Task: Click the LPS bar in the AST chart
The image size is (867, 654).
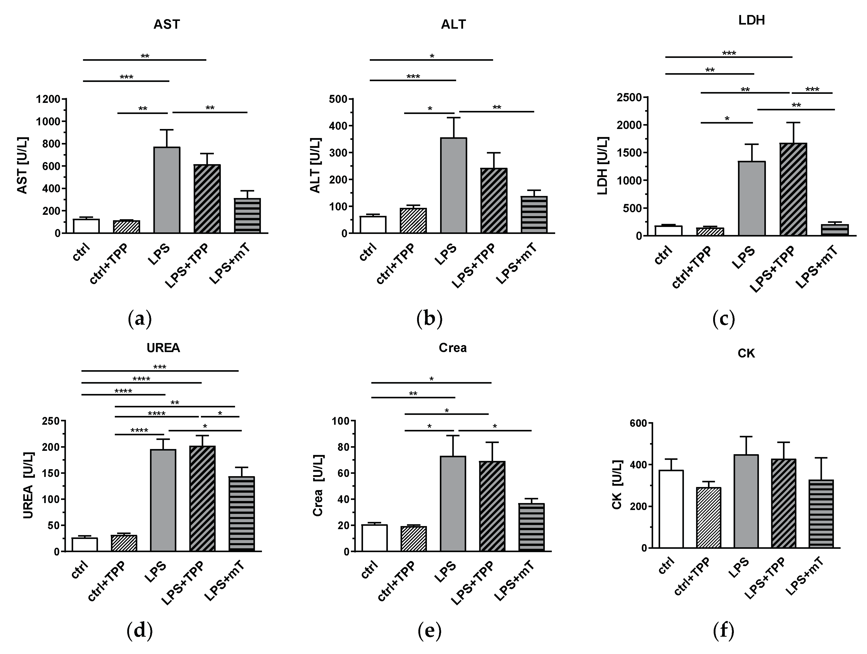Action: [x=167, y=190]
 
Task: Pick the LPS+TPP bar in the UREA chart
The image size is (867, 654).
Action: [x=202, y=498]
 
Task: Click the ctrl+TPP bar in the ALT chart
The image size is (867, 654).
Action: [x=413, y=220]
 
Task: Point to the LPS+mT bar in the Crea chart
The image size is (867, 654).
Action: [x=531, y=527]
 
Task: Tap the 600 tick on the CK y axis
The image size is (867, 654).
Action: [x=637, y=423]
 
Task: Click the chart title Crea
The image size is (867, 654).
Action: [x=453, y=348]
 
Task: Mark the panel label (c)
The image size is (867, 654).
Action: [x=723, y=319]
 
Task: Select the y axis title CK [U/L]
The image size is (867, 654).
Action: [x=617, y=485]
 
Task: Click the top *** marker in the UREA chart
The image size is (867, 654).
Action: [x=160, y=367]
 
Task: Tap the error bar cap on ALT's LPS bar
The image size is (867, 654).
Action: [x=454, y=118]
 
